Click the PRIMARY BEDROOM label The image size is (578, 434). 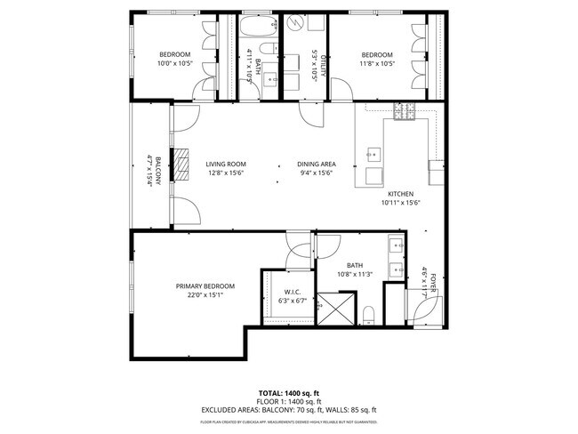(205, 285)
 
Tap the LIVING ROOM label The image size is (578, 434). (226, 165)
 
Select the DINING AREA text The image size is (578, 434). (315, 165)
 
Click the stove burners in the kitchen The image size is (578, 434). (405, 112)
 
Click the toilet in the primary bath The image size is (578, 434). (368, 313)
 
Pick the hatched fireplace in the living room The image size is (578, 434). (181, 165)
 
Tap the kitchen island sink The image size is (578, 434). (373, 156)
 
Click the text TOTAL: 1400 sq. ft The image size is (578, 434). (288, 392)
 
